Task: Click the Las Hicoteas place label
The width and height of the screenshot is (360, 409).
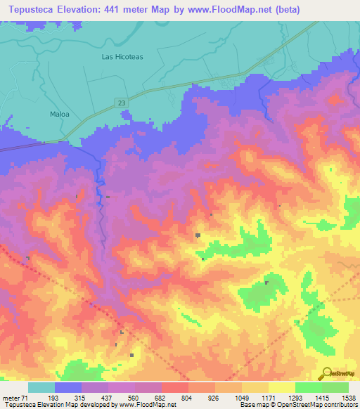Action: point(122,56)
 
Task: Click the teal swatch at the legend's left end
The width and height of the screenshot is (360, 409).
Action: point(41,387)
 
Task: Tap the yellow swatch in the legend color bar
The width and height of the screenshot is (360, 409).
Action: point(281,387)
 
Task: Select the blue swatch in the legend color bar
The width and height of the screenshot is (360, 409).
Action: point(68,387)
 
